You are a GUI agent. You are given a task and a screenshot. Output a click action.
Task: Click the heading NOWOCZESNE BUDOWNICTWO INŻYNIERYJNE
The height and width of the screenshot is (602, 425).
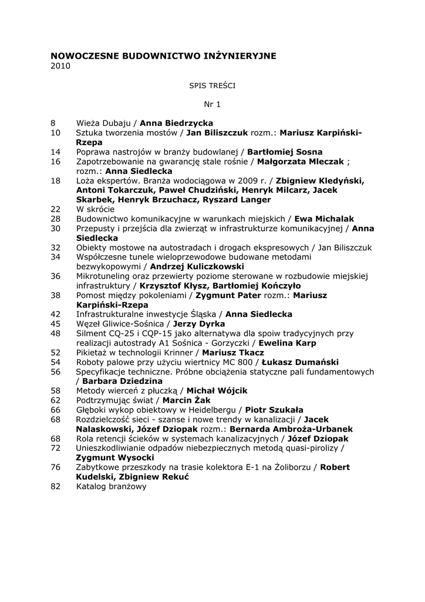[x=163, y=56]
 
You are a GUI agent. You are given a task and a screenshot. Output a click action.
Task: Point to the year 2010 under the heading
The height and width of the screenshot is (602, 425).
[x=60, y=66]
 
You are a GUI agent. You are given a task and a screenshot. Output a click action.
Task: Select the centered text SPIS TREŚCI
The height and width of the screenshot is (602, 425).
[x=212, y=85]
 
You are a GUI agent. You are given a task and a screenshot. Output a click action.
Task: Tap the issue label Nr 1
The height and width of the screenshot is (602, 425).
[x=212, y=105]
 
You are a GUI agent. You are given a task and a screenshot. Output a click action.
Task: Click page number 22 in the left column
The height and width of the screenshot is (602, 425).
[x=56, y=209]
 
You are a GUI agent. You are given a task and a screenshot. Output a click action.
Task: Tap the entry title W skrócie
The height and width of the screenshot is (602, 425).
[x=96, y=209]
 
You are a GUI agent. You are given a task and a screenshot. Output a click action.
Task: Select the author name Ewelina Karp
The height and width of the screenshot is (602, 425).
[x=288, y=343]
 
